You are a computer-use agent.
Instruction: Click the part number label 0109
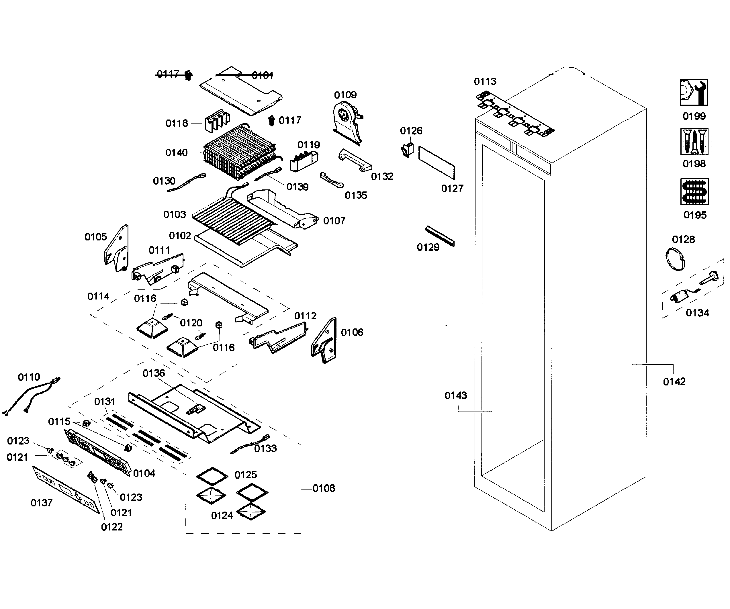pyautogui.click(x=345, y=95)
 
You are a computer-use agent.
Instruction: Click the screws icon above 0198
pyautogui.click(x=694, y=142)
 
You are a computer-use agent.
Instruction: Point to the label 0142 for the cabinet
pyautogui.click(x=674, y=382)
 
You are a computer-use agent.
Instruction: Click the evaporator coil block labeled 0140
pyautogui.click(x=240, y=153)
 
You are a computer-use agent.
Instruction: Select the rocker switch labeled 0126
pyautogui.click(x=407, y=150)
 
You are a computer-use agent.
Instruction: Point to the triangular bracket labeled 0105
pyautogui.click(x=117, y=249)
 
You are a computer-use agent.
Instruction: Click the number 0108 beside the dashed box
pyautogui.click(x=324, y=488)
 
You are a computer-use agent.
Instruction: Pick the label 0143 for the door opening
pyautogui.click(x=455, y=395)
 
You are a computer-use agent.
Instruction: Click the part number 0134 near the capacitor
pyautogui.click(x=697, y=313)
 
